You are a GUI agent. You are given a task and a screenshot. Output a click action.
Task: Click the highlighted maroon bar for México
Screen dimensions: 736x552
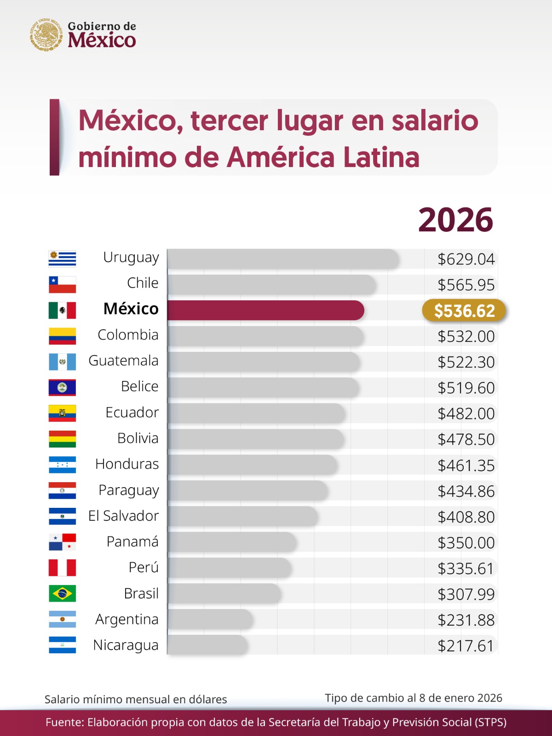265,310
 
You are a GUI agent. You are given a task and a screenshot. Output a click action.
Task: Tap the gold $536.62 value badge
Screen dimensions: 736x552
464,311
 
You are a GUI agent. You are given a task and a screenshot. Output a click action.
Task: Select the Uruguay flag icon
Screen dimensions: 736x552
62,259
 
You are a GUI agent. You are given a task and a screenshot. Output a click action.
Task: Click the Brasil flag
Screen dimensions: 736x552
62,593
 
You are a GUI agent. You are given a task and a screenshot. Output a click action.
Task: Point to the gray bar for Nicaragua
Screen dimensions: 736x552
207,645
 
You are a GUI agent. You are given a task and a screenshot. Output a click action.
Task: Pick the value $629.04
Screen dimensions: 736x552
466,259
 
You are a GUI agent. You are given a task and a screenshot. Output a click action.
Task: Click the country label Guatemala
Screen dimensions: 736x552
123,361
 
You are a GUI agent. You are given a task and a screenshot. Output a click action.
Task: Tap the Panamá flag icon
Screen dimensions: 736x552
62,542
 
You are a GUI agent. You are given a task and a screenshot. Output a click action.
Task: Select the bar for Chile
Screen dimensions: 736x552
271,284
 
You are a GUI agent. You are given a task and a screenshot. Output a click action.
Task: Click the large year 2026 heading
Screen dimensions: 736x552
455,220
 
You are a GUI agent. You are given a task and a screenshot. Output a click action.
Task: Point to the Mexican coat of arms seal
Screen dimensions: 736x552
46,34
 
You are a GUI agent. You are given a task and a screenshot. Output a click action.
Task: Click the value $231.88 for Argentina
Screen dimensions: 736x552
466,620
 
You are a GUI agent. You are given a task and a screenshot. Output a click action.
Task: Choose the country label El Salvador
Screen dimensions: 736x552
123,516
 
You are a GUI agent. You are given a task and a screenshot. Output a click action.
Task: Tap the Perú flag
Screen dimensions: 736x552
62,568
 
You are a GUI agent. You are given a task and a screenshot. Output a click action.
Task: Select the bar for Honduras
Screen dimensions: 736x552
252,465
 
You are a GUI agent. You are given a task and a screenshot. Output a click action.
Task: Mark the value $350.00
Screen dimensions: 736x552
466,543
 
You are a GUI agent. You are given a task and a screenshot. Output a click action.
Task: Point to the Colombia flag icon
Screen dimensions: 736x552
62,336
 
